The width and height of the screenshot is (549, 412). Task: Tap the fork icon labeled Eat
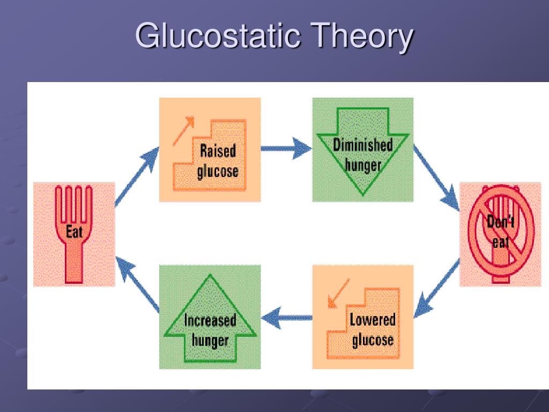coord(75,234)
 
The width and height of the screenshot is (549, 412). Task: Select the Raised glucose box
coord(210,149)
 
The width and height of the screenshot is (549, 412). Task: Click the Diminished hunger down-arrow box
coord(363,150)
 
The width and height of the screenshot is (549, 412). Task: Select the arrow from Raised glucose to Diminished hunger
coord(286,149)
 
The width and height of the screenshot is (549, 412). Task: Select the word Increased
coord(210,321)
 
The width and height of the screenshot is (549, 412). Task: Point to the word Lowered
coord(373,320)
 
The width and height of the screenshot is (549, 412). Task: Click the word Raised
coord(218,151)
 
